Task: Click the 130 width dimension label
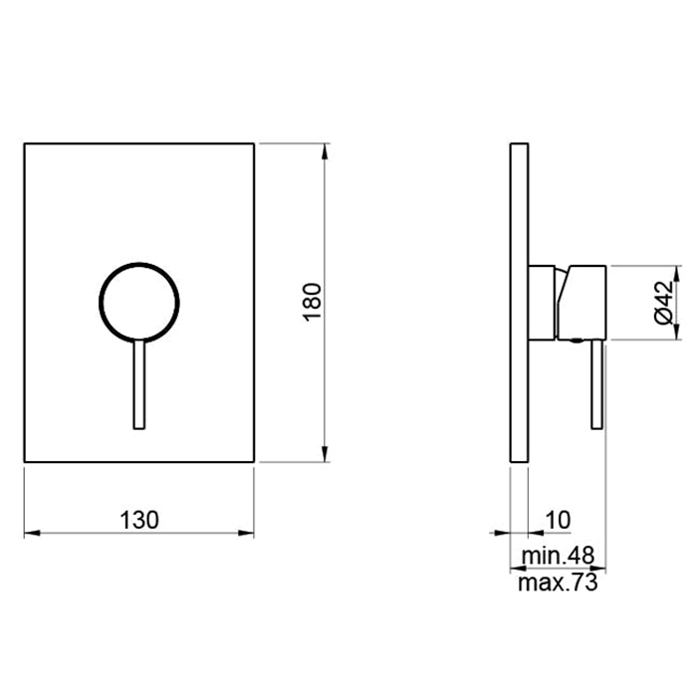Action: coord(139,520)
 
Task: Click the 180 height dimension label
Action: coord(312,303)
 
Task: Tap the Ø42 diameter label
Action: coord(664,303)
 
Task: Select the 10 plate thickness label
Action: coord(558,520)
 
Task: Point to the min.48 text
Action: coord(558,556)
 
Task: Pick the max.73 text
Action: coord(558,582)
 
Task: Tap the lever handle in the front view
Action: coord(139,384)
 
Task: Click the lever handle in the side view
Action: coord(596,384)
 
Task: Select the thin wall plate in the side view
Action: coord(519,303)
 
